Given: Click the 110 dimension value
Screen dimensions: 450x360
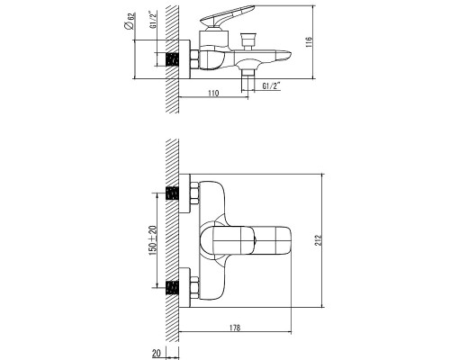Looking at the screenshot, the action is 213,93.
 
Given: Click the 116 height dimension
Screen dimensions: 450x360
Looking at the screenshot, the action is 309,42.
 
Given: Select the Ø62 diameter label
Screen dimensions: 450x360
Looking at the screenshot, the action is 130,21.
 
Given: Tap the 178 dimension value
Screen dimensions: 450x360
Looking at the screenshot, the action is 235,328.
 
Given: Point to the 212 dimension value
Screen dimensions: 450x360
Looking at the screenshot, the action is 319,240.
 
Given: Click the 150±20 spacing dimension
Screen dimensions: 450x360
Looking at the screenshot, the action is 153,240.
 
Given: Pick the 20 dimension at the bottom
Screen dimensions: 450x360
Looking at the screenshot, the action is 157,353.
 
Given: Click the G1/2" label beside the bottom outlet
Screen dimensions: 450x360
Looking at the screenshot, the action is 272,86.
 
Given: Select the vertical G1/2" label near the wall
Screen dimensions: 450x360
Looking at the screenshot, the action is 153,20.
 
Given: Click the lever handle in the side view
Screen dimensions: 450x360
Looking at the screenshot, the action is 227,15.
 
